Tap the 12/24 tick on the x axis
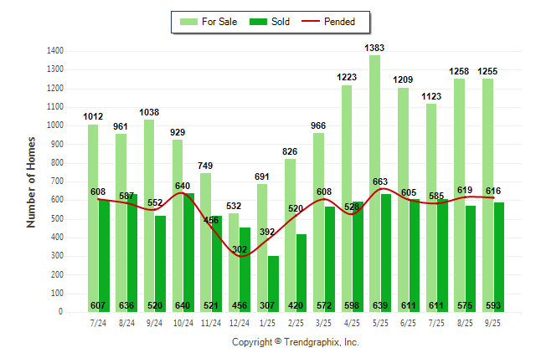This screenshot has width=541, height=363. tap(239, 322)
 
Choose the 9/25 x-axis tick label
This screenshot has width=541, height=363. tap(493, 322)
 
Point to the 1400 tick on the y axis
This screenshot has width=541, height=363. tap(55, 51)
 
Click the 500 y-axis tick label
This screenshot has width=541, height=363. tap(58, 219)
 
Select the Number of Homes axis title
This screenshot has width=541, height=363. tap(31, 181)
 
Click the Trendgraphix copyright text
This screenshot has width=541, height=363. tap(295, 342)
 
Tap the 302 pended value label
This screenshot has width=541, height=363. tap(239, 249)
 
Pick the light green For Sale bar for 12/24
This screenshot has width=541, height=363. tap(234, 268)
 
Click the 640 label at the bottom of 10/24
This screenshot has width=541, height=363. tap(183, 305)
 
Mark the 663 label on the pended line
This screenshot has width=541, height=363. tap(380, 181)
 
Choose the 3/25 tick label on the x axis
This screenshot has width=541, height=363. tap(323, 322)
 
